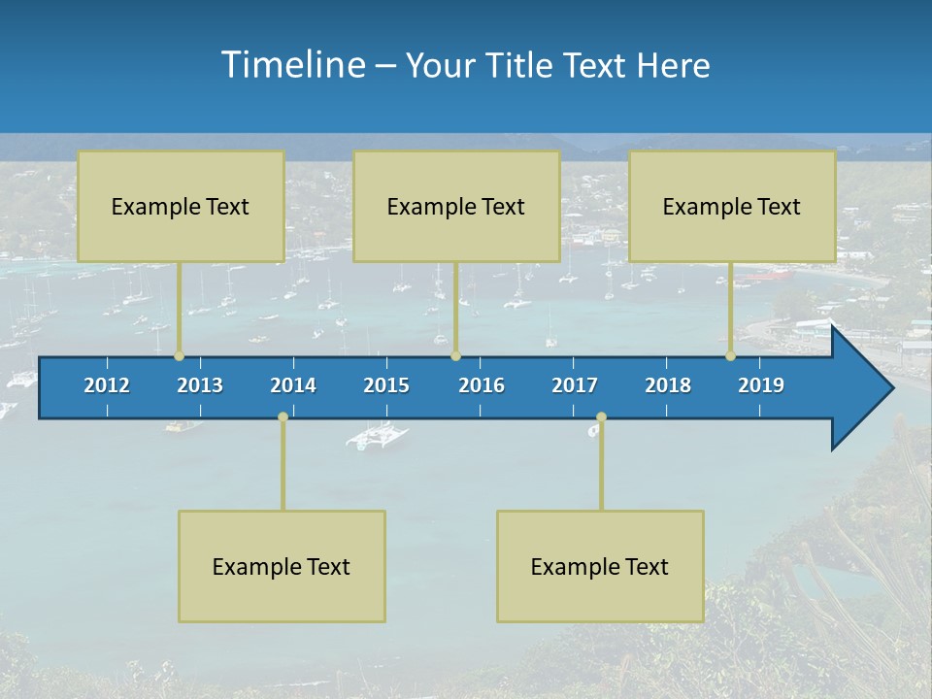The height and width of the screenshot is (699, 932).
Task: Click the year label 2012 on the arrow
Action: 107,385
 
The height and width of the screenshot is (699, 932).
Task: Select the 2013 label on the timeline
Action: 200,385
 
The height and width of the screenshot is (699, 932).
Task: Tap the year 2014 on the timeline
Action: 293,385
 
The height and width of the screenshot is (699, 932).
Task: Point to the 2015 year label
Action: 386,385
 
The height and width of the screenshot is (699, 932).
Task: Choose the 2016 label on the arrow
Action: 482,385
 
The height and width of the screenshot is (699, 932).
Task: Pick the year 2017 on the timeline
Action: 575,385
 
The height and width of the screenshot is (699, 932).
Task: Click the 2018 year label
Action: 668,385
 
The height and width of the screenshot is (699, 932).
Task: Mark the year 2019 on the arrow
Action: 761,385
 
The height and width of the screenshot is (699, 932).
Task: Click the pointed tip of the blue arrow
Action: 890,388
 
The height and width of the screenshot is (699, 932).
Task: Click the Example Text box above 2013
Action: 181,206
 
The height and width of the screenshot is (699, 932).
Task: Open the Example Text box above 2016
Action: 456,206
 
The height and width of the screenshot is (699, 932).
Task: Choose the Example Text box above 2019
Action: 732,206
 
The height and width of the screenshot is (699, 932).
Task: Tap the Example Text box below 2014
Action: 282,566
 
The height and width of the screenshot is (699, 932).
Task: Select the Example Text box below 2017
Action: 600,566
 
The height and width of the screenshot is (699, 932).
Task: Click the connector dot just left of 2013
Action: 179,356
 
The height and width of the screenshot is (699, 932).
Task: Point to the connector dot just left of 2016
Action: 455,356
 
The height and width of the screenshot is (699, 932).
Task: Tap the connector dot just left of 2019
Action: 731,356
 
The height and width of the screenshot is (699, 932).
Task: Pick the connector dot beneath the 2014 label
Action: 283,416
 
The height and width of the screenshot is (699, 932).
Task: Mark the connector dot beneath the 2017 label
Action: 601,416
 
